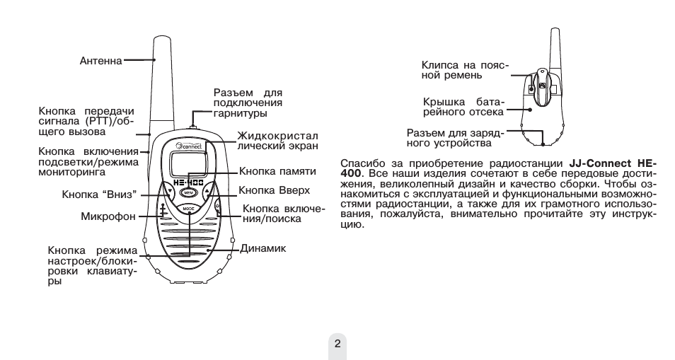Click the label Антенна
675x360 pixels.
[x=100, y=61]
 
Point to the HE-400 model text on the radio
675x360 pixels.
[x=188, y=182]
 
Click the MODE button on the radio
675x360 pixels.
[x=188, y=210]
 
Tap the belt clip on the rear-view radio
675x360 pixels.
[x=542, y=86]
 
